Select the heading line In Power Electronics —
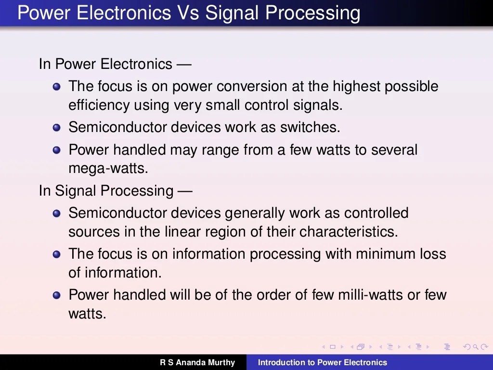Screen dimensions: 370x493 [x=115, y=64]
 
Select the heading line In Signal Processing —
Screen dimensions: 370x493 [x=116, y=191]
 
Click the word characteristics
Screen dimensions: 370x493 [x=349, y=232]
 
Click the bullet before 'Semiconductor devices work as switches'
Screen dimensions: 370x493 [x=57, y=128]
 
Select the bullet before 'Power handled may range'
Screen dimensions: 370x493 [x=57, y=150]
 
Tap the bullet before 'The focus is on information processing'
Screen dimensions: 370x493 [x=57, y=254]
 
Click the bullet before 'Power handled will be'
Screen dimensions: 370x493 [x=57, y=295]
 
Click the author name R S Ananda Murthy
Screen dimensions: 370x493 [x=197, y=362]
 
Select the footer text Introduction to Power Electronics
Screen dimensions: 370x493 [x=322, y=362]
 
